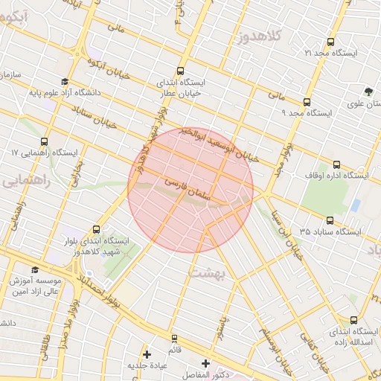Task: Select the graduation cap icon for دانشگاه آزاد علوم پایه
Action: pos(65,82)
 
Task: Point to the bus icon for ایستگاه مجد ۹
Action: pos(307,103)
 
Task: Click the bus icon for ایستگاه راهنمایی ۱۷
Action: pos(44,141)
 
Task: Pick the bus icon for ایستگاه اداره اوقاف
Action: pos(336,165)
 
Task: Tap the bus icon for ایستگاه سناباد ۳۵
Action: pos(330,220)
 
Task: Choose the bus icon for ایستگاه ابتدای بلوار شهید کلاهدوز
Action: pos(96,230)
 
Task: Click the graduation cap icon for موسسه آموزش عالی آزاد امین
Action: pos(35,270)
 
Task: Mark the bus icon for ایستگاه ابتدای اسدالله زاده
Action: pos(353,319)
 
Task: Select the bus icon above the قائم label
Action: pos(174,339)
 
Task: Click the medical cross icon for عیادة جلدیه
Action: pos(147,354)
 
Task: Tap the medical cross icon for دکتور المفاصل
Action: pos(206,363)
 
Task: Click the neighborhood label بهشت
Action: pos(209,273)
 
